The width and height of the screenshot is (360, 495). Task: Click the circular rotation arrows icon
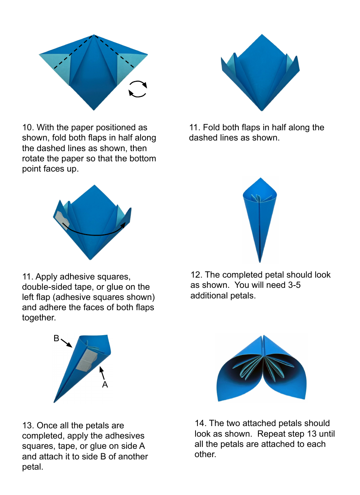(138, 89)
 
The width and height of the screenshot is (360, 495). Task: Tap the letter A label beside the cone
(105, 385)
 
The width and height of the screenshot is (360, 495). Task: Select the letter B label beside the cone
(56, 339)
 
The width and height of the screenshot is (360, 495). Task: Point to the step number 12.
(196, 275)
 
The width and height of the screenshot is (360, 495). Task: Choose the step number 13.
(28, 426)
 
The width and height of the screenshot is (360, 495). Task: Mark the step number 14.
(200, 423)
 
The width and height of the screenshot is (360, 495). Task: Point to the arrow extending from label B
(67, 343)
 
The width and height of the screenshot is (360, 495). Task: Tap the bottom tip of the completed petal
(260, 261)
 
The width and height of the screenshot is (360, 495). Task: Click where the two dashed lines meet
(94, 35)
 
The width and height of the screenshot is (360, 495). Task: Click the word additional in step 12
(207, 296)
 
